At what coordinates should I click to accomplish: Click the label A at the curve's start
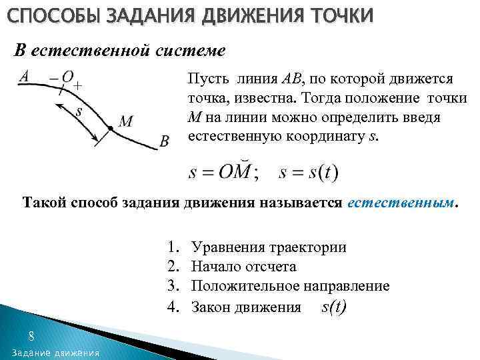[x=23, y=77]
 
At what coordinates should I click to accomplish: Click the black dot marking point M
[x=109, y=127]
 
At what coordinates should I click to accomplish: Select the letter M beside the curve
[x=125, y=121]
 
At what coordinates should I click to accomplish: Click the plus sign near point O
[x=78, y=86]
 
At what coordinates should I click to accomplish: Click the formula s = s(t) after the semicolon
[x=309, y=172]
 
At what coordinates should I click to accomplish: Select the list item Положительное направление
[x=290, y=286]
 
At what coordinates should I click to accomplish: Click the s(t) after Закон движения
[x=333, y=307]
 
